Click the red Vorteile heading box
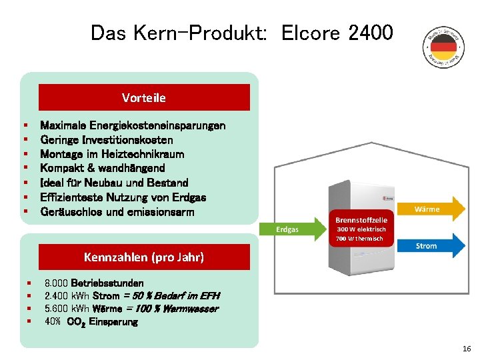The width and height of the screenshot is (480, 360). tap(144, 97)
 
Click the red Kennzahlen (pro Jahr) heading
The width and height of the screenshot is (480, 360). tap(144, 257)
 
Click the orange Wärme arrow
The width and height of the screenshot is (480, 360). tap(429, 209)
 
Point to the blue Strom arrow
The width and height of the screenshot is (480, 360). tap(429, 245)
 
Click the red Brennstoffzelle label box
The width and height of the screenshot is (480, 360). tap(361, 227)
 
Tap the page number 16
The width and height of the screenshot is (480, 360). tap(466, 349)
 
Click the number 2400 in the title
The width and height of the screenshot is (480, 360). tap(371, 32)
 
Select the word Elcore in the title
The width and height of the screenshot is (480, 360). tap(311, 32)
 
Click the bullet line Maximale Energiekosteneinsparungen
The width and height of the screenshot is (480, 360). tap(133, 125)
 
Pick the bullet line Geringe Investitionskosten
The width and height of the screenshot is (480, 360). tap(107, 140)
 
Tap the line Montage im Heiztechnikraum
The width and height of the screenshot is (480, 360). tap(112, 154)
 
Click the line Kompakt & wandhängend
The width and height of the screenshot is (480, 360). tap(102, 168)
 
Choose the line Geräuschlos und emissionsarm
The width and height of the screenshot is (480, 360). tap(117, 211)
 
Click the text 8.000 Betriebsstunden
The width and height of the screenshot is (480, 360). tap(93, 283)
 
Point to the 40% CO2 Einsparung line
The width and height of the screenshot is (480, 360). tap(91, 322)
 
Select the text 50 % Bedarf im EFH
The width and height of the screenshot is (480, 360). tap(177, 296)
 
